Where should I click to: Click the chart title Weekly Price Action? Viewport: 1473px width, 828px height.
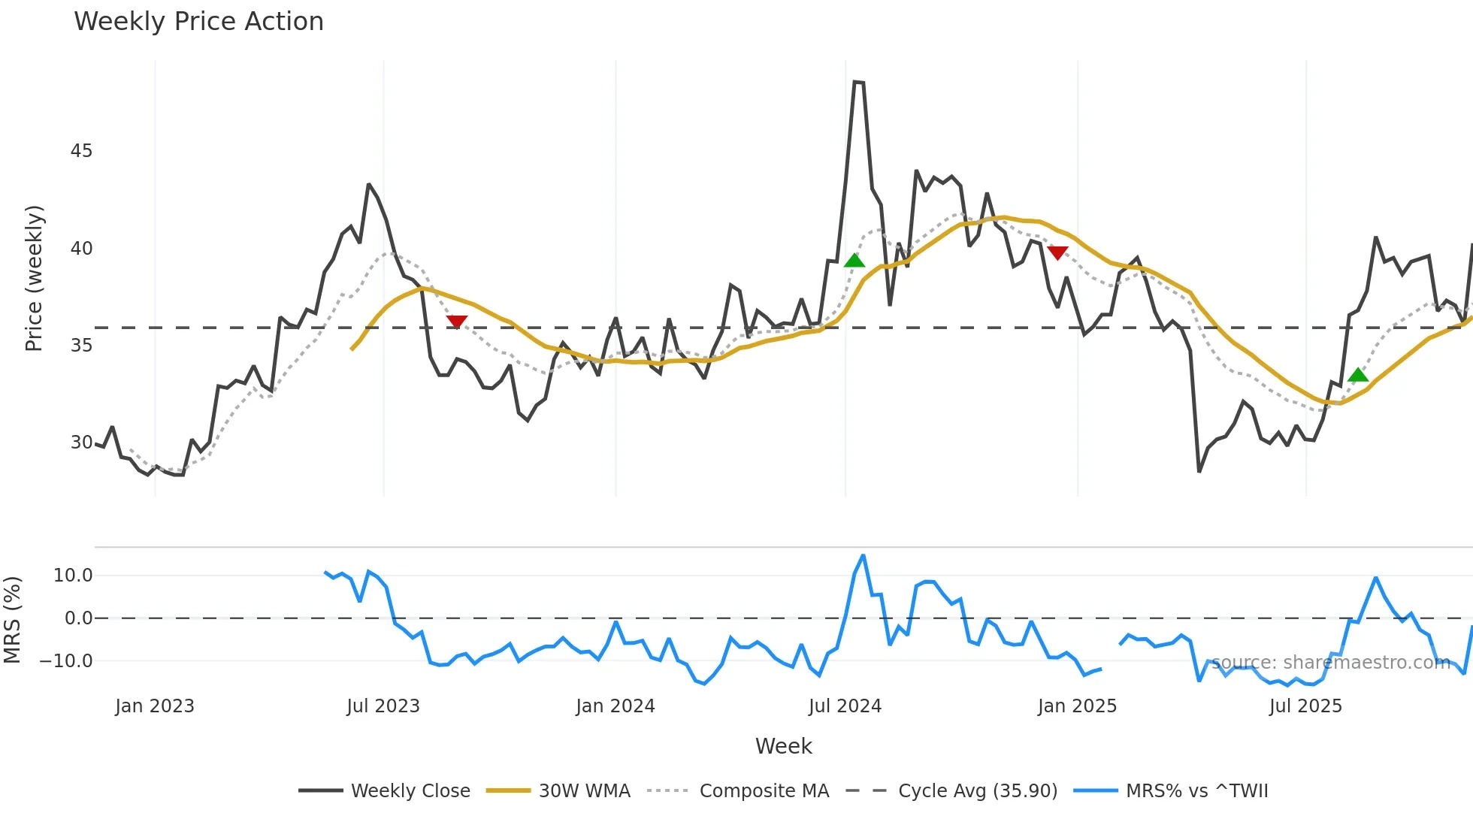point(198,22)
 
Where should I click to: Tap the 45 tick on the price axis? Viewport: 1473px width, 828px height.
point(81,151)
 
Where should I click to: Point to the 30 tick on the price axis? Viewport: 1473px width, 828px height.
point(81,443)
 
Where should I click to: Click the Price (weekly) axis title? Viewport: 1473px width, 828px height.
point(34,278)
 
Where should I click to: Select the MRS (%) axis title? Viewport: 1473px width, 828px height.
point(12,620)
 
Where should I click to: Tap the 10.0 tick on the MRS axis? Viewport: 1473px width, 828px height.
point(73,576)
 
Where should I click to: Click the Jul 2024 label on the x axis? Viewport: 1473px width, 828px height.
point(845,706)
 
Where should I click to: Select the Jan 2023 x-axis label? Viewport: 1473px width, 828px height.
point(155,706)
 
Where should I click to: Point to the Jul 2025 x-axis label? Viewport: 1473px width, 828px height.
point(1305,706)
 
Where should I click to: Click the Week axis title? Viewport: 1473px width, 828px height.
point(783,746)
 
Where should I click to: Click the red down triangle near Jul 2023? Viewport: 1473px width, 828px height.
point(457,322)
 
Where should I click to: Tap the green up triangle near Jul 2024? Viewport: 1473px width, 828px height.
point(854,261)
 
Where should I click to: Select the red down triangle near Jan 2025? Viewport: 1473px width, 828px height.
point(1057,252)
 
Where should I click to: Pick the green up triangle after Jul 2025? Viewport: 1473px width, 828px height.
point(1358,375)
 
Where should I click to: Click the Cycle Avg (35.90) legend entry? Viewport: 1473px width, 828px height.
point(951,791)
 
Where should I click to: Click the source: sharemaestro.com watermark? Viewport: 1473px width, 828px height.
point(1330,663)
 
